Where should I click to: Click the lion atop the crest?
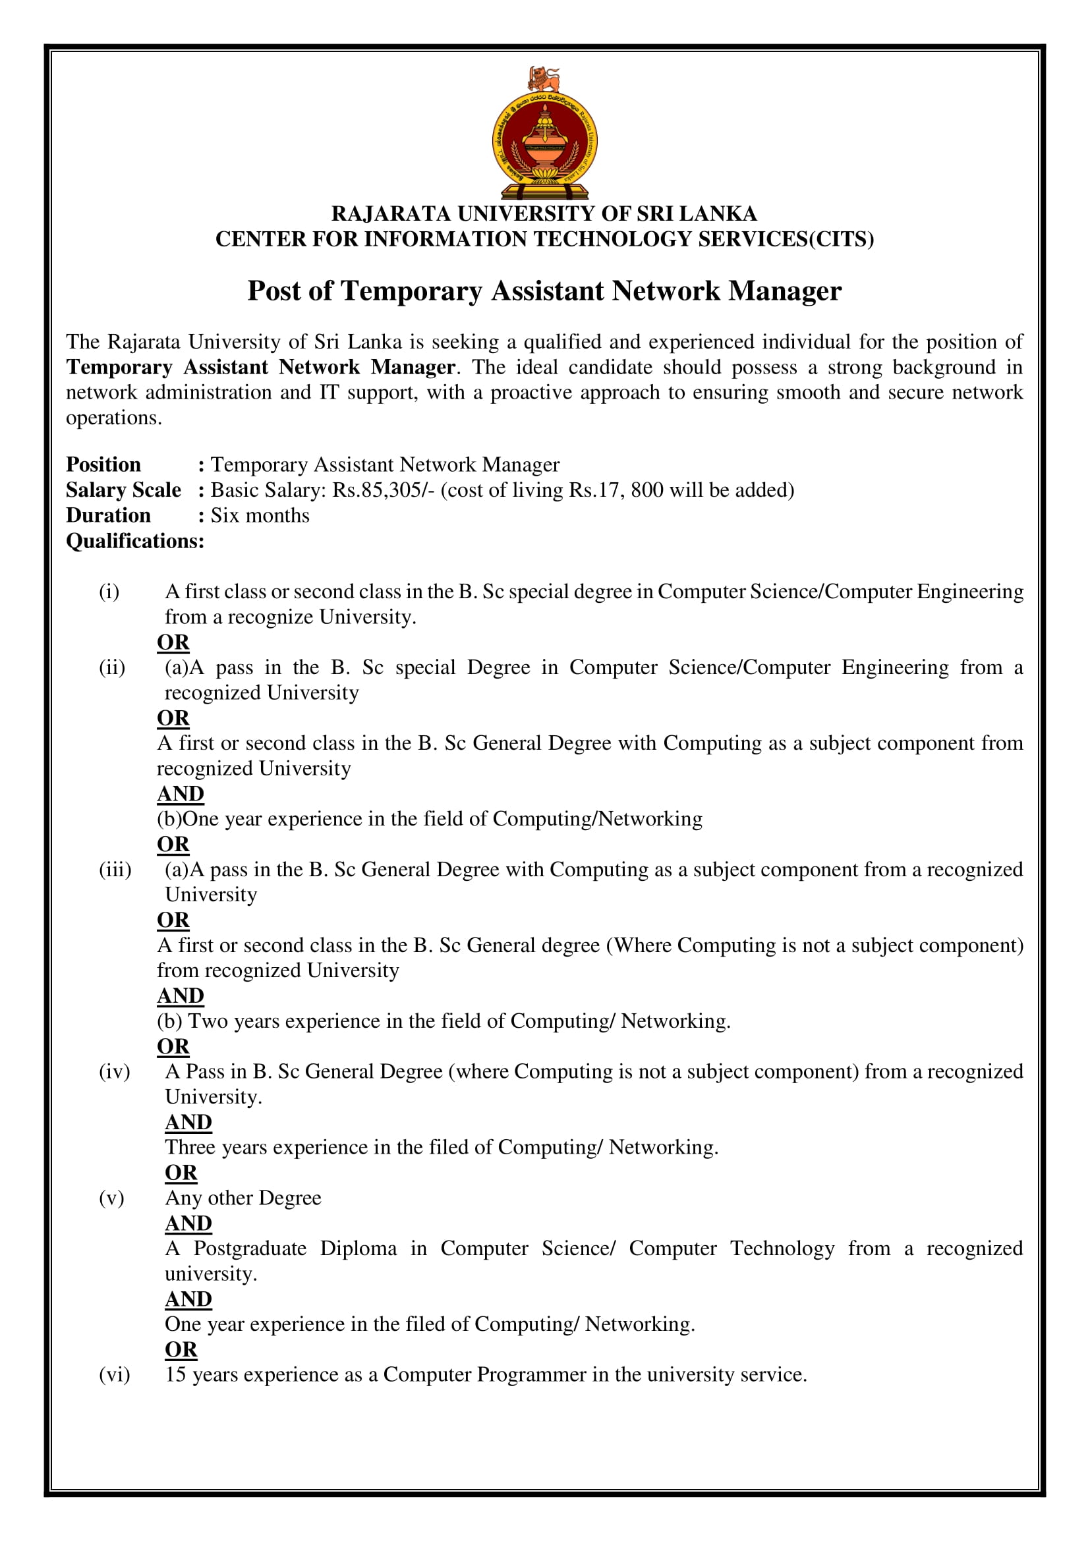[x=544, y=78]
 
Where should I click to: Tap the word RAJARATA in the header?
[x=391, y=213]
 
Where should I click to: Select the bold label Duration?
[x=108, y=515]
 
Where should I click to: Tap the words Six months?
[x=260, y=515]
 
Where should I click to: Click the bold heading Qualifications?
[x=135, y=541]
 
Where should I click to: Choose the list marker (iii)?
[x=115, y=869]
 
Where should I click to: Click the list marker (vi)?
[x=114, y=1374]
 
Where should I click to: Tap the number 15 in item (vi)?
[x=175, y=1374]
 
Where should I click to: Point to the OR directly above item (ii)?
[x=173, y=642]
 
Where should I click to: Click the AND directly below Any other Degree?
[x=188, y=1223]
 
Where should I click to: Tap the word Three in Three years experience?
[x=190, y=1147]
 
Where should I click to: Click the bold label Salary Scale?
[x=123, y=490]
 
